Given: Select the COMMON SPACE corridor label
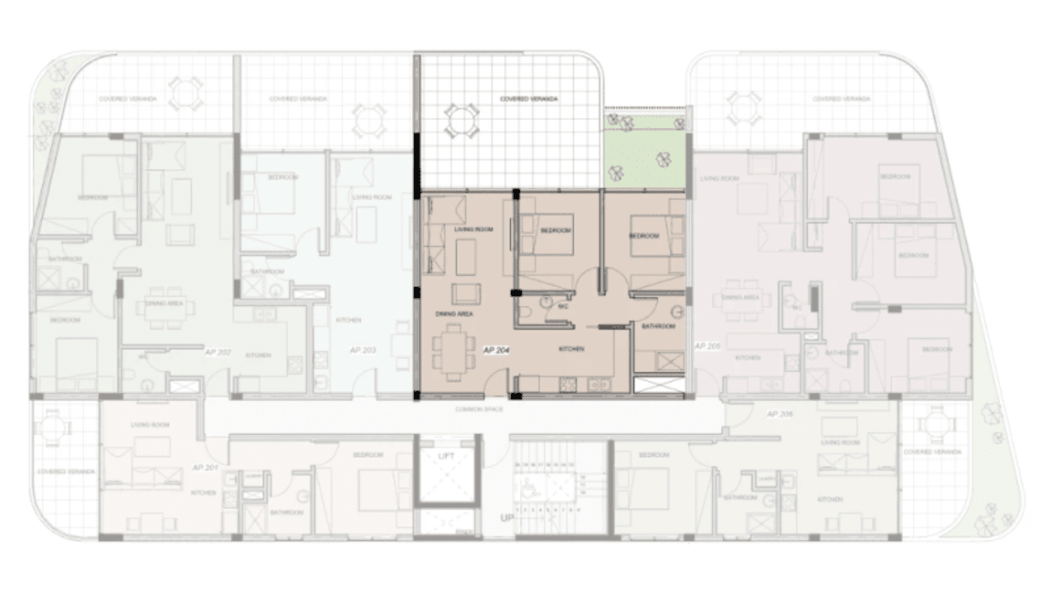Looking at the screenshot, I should pos(480,409).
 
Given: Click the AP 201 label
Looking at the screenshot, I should pos(205,467).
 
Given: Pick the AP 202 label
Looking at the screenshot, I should pos(218,351).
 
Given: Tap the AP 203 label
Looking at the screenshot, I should pos(363,350).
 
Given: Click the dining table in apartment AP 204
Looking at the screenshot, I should pos(453,351).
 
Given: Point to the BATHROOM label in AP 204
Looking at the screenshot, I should pos(658,326).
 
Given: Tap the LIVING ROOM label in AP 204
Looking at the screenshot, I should pos(474,230).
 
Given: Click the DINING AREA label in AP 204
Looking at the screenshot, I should pos(453,313).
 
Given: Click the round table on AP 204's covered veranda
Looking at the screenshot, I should pos(462,120).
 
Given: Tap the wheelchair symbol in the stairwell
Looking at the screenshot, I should pos(529,488).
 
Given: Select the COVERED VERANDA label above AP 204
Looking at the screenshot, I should pos(529,99).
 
